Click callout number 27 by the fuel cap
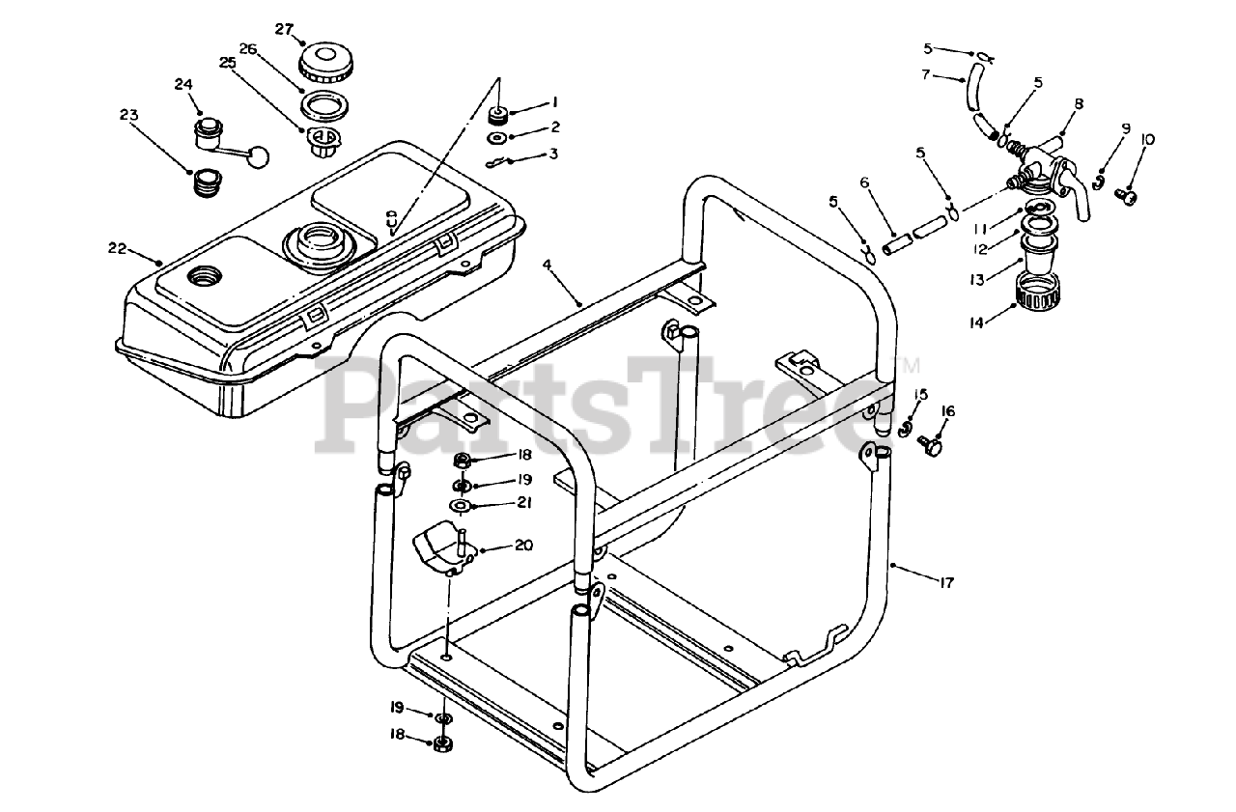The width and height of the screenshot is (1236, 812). [x=283, y=29]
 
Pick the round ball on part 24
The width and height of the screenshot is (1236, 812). [x=259, y=154]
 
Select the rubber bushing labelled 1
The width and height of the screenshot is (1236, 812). [x=499, y=116]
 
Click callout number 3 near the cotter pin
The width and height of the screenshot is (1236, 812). [x=553, y=153]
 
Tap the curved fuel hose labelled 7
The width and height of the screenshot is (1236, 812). [x=969, y=96]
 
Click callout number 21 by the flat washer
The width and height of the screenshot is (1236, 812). [x=524, y=503]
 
